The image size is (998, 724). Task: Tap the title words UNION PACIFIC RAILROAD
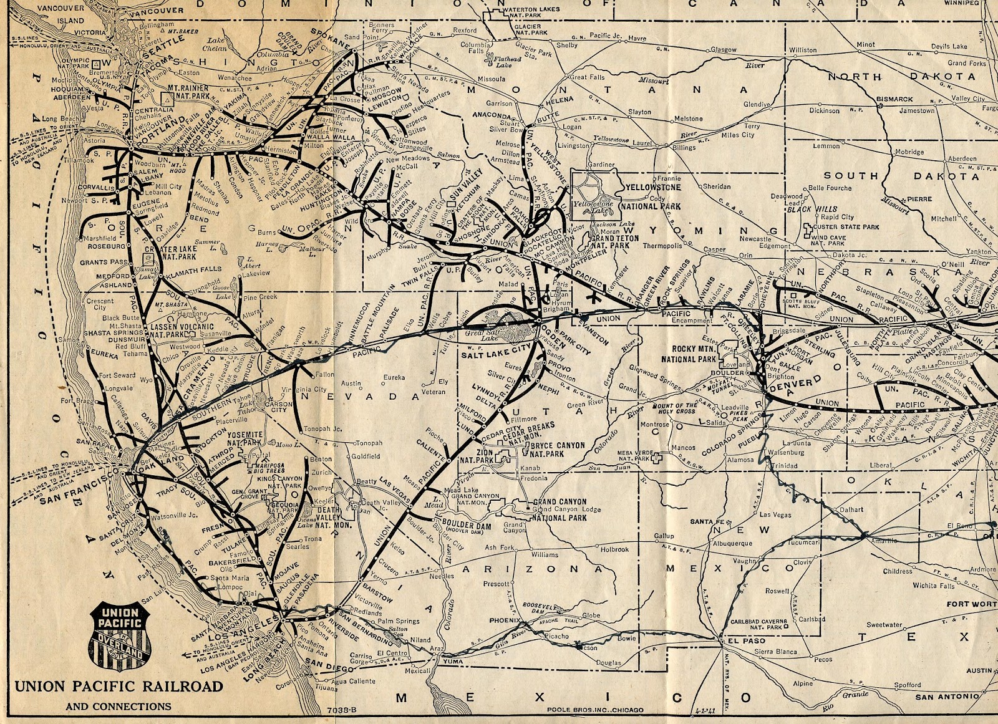119,686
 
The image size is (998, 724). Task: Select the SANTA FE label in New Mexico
706,521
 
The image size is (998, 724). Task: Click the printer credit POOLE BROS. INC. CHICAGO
595,710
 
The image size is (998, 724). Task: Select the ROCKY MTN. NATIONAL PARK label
693,354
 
